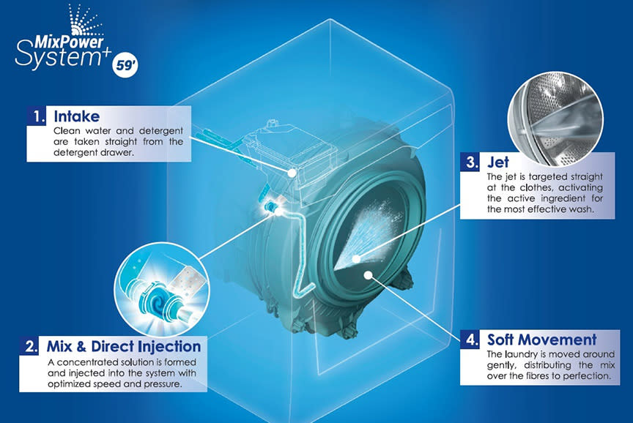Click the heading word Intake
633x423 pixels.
coord(77,116)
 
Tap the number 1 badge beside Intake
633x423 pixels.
coord(37,116)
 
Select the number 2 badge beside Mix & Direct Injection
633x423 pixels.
coord(29,346)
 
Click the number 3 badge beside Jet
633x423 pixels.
coord(470,162)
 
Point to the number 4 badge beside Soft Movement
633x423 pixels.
coord(470,340)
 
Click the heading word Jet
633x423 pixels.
coord(498,162)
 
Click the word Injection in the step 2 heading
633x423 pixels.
coord(169,346)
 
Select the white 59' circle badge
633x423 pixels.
coord(125,64)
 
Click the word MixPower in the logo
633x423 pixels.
coord(69,42)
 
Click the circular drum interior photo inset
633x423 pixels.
coord(555,119)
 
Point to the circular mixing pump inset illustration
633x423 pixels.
coord(162,289)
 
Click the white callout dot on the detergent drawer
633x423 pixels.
coord(292,173)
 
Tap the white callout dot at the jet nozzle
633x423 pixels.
coord(356,258)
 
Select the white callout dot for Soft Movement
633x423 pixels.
coord(368,275)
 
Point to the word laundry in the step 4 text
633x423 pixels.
coord(520,354)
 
